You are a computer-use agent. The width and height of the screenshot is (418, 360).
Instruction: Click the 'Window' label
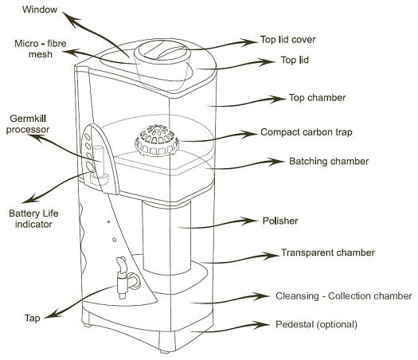(40, 10)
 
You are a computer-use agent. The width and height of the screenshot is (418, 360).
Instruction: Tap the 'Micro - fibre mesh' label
(41, 49)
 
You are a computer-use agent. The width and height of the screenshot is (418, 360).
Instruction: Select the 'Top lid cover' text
(288, 40)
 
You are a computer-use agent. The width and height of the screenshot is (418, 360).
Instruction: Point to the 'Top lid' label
(295, 60)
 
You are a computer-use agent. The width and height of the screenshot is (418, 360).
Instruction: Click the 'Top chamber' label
(317, 98)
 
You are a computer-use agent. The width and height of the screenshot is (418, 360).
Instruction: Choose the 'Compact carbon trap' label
(307, 132)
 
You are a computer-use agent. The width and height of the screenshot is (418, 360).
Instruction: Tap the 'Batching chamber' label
(329, 162)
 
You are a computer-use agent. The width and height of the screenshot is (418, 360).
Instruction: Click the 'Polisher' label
(280, 221)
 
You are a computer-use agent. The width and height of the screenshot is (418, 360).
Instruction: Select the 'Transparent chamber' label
(328, 252)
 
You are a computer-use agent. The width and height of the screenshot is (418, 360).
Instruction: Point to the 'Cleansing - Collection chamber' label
(344, 296)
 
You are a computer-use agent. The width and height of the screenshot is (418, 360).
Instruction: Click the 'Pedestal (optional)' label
(316, 324)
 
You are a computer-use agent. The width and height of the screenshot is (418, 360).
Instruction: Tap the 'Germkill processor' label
(28, 124)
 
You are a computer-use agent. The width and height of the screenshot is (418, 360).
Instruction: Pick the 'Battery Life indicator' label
(33, 219)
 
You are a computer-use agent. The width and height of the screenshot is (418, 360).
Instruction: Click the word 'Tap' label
(33, 318)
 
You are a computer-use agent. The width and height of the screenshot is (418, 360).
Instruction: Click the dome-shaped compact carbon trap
(157, 141)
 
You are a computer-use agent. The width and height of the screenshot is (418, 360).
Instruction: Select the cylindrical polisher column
(166, 237)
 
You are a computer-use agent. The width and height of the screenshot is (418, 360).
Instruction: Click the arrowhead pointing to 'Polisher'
(249, 221)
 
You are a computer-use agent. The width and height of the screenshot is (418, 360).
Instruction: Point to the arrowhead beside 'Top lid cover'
(249, 42)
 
